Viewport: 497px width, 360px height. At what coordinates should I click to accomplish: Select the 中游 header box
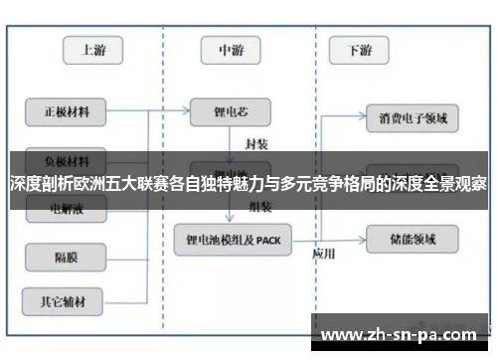[233, 49]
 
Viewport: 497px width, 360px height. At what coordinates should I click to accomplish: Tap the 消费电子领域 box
[413, 118]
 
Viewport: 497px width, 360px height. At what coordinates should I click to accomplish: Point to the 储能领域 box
[413, 239]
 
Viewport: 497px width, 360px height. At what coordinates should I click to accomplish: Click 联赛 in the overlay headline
[159, 183]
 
